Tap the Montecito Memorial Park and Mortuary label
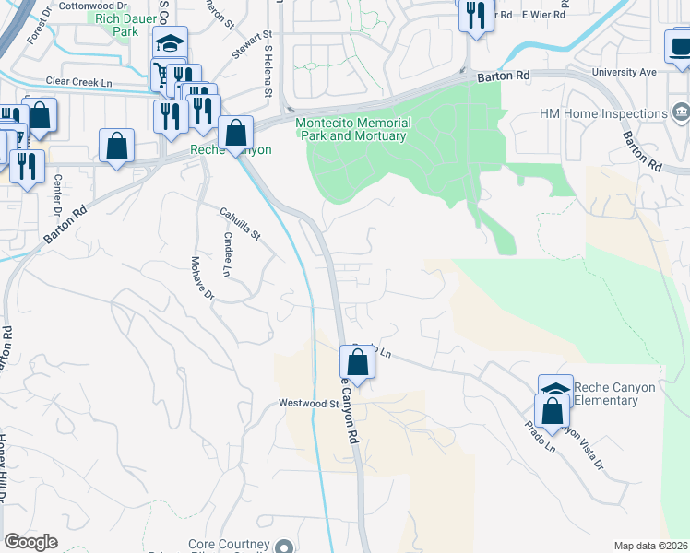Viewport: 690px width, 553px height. click(352, 129)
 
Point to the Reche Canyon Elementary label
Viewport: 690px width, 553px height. click(614, 394)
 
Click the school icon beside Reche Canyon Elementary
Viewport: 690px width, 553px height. click(555, 389)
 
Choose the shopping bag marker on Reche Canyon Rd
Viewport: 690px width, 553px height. click(358, 362)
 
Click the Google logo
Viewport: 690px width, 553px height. click(30, 542)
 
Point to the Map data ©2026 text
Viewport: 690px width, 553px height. click(650, 546)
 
